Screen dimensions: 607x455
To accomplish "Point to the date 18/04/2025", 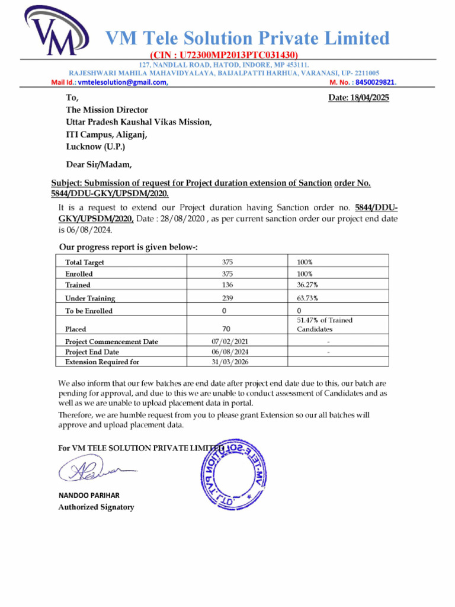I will point(358,98).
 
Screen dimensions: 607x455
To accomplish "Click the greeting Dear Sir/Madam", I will point(99,164).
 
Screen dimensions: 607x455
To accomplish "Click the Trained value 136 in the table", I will point(227,285).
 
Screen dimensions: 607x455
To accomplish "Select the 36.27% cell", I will point(307,285).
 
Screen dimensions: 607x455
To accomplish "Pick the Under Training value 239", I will point(227,298).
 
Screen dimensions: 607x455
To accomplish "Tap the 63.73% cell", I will point(307,298).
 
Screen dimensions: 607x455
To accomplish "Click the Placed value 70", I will point(226,328).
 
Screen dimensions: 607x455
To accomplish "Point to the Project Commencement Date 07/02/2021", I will point(230,341).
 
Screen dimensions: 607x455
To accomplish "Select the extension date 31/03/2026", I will point(230,362).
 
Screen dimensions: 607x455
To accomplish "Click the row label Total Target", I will point(85,262).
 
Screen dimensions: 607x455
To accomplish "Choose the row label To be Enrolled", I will point(89,311).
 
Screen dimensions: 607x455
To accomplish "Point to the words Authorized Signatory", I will point(96,507).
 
